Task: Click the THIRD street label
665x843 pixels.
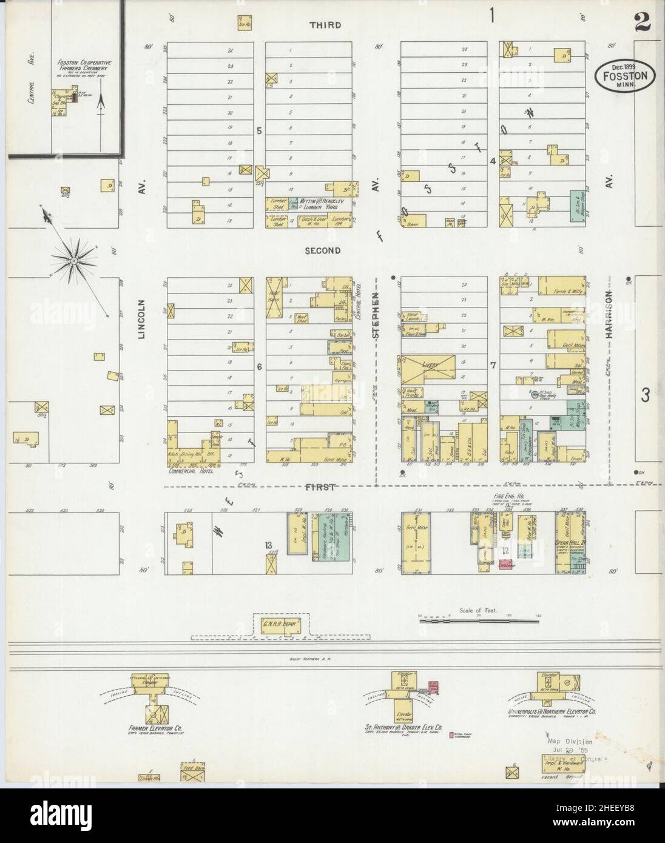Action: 325,25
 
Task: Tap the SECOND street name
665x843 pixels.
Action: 322,250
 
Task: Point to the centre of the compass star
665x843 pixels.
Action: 72,261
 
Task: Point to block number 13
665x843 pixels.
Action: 268,545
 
